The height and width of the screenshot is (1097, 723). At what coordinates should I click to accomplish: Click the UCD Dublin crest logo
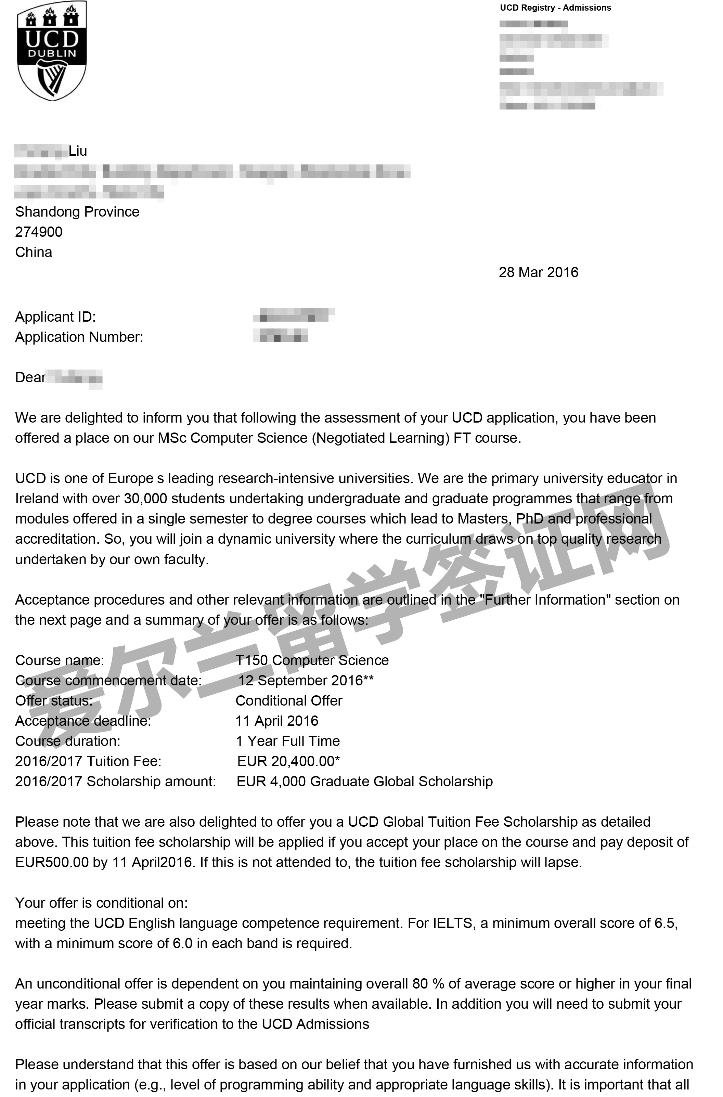pyautogui.click(x=52, y=51)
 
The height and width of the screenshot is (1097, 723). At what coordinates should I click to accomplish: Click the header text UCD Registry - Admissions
pyautogui.click(x=555, y=8)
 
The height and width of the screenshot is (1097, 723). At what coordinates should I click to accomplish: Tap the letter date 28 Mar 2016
pyautogui.click(x=538, y=272)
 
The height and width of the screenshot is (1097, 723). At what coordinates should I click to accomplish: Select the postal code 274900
pyautogui.click(x=39, y=232)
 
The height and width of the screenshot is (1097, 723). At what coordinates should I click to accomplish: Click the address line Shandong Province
pyautogui.click(x=77, y=212)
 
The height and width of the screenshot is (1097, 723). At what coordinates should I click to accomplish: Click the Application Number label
pyautogui.click(x=79, y=337)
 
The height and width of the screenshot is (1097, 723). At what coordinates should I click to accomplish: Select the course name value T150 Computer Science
pyautogui.click(x=312, y=660)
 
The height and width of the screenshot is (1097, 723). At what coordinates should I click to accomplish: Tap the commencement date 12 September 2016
pyautogui.click(x=301, y=681)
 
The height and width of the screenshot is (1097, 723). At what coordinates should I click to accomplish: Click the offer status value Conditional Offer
pyautogui.click(x=289, y=701)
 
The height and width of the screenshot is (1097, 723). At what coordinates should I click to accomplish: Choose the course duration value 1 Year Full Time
pyautogui.click(x=288, y=741)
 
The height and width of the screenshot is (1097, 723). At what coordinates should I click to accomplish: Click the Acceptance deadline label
pyautogui.click(x=83, y=721)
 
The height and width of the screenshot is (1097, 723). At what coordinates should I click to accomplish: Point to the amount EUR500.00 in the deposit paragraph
pyautogui.click(x=52, y=862)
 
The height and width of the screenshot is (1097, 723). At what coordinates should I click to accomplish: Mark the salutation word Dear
pyautogui.click(x=30, y=378)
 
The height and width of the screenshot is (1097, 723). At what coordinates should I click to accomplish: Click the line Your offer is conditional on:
pyautogui.click(x=101, y=903)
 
